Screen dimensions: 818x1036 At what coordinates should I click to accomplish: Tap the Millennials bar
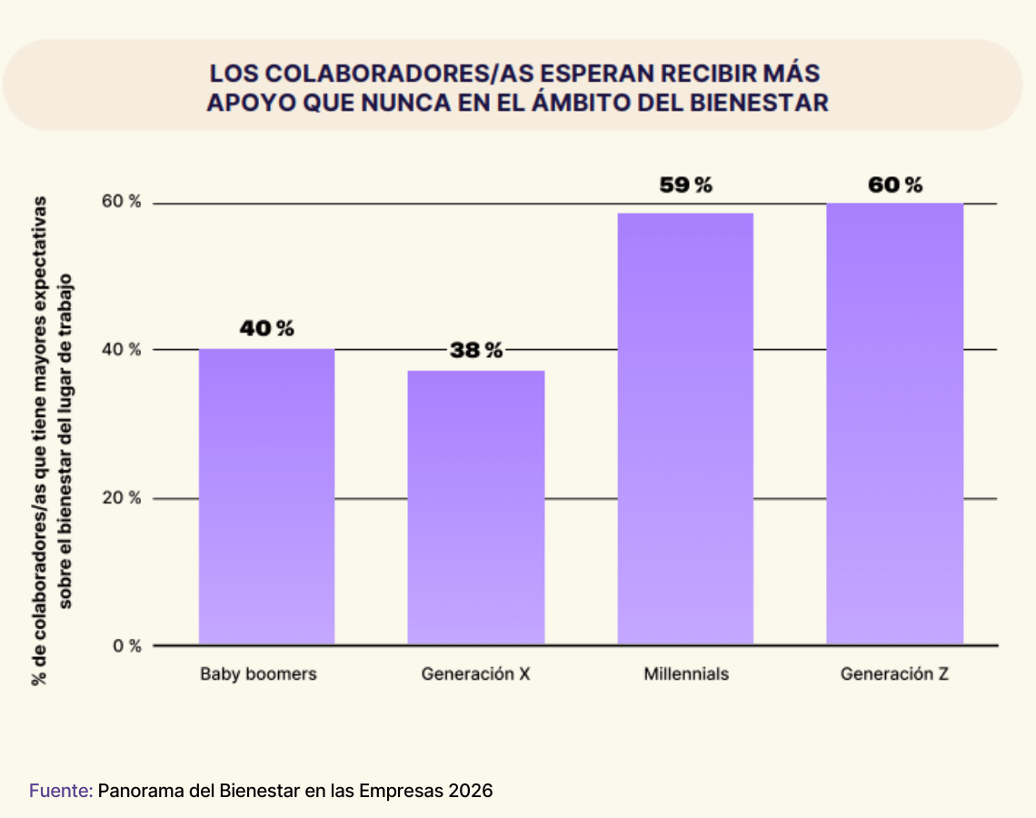[685, 429]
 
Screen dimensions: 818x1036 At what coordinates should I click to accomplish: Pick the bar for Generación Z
[894, 424]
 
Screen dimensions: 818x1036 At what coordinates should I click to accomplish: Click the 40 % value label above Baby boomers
[266, 328]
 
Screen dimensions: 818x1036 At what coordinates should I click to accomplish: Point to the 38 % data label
[475, 351]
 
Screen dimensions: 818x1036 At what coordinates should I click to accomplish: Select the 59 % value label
[686, 185]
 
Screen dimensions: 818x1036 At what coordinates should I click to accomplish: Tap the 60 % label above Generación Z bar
[895, 185]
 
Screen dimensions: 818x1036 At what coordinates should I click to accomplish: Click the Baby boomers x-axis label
[258, 674]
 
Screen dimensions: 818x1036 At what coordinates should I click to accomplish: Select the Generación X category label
[475, 674]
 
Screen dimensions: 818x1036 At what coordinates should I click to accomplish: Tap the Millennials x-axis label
[686, 674]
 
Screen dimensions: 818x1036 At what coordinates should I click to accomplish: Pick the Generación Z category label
[894, 674]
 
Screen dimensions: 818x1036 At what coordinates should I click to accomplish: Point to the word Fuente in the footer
[60, 791]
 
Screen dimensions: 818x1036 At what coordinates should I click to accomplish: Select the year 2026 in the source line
[471, 791]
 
